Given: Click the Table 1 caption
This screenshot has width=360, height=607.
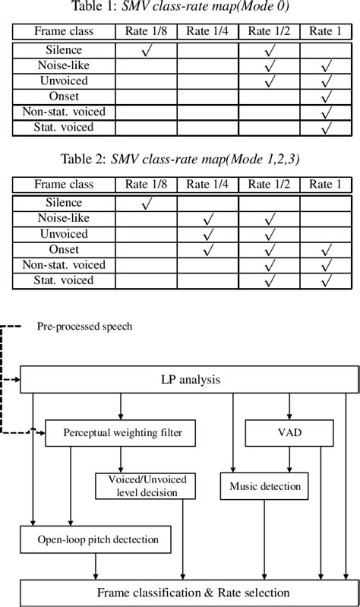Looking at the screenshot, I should pyautogui.click(x=180, y=8).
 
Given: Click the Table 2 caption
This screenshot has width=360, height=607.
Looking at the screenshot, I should pyautogui.click(x=180, y=161).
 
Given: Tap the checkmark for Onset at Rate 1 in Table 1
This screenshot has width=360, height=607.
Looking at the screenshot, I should pyautogui.click(x=327, y=98).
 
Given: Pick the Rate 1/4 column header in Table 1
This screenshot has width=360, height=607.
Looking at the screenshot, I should pyautogui.click(x=207, y=32).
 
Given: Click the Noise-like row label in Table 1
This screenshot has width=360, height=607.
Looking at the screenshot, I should pyautogui.click(x=64, y=66).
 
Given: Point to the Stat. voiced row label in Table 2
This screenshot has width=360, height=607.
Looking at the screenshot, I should pyautogui.click(x=64, y=281).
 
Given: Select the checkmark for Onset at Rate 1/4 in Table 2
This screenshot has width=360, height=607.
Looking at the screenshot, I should pyautogui.click(x=207, y=250).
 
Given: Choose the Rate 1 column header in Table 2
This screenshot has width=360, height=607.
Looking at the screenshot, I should pyautogui.click(x=327, y=185).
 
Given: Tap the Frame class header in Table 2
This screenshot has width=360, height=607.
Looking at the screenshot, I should pyautogui.click(x=64, y=185).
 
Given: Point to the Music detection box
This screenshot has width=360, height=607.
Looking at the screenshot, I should pyautogui.click(x=261, y=486).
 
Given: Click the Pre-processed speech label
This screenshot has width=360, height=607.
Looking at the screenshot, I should pyautogui.click(x=84, y=327).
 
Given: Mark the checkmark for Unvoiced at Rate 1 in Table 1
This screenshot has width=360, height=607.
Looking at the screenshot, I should pyautogui.click(x=327, y=82).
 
